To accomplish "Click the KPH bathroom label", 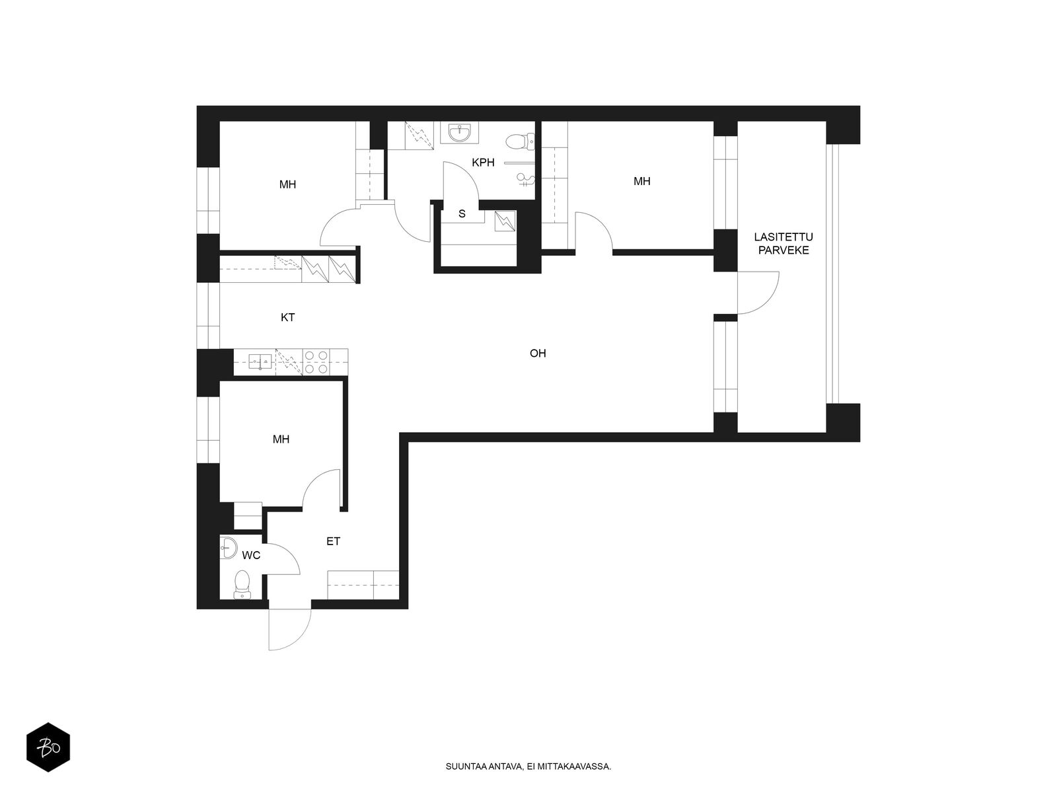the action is pyautogui.click(x=482, y=163).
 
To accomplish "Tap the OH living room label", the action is pyautogui.click(x=537, y=354).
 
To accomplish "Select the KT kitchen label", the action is pyautogui.click(x=287, y=317).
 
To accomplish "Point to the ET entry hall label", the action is pyautogui.click(x=333, y=541).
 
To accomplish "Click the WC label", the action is pyautogui.click(x=251, y=555).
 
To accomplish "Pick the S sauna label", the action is pyautogui.click(x=462, y=213).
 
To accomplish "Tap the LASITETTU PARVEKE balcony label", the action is pyautogui.click(x=783, y=244).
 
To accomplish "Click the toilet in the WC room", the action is pyautogui.click(x=241, y=585).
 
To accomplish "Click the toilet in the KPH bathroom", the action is pyautogui.click(x=520, y=141).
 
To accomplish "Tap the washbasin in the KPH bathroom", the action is pyautogui.click(x=460, y=132).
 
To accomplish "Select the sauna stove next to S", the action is pyautogui.click(x=505, y=221).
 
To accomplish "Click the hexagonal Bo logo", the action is pyautogui.click(x=48, y=747).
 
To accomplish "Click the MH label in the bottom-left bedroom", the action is pyautogui.click(x=281, y=439).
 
